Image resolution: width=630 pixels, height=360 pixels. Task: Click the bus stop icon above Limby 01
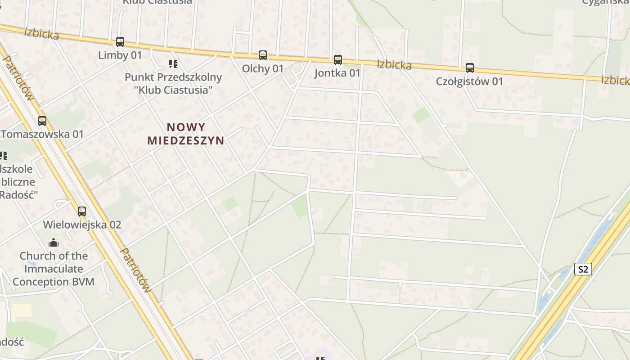pyautogui.click(x=120, y=42)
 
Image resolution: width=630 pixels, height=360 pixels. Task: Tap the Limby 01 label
pyautogui.click(x=120, y=55)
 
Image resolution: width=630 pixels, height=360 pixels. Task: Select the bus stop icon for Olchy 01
pyautogui.click(x=263, y=55)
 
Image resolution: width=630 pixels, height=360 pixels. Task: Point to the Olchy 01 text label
pyautogui.click(x=263, y=69)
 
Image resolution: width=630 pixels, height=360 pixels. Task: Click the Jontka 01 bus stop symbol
pyautogui.click(x=338, y=60)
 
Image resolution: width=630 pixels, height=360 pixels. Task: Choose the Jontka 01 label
pyautogui.click(x=337, y=73)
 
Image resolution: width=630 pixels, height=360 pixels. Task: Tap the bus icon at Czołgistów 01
pyautogui.click(x=470, y=68)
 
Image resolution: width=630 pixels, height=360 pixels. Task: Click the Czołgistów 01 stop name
pyautogui.click(x=469, y=81)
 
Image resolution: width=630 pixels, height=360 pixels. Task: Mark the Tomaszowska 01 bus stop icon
pyautogui.click(x=42, y=121)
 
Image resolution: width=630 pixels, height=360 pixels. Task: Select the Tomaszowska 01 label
pyautogui.click(x=42, y=134)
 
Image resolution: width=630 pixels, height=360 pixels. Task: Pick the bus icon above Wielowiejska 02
pyautogui.click(x=82, y=211)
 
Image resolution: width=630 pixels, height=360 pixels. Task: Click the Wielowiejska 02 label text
pyautogui.click(x=82, y=225)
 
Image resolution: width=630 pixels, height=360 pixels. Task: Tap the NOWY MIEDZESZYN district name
pyautogui.click(x=186, y=134)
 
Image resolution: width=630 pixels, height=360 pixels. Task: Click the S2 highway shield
pyautogui.click(x=583, y=270)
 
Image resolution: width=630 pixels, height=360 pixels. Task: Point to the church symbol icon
pyautogui.click(x=54, y=243)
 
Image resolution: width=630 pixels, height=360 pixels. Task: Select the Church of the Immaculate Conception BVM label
pyautogui.click(x=54, y=269)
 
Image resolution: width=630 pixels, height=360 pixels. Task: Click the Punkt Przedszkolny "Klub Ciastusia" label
pyautogui.click(x=173, y=83)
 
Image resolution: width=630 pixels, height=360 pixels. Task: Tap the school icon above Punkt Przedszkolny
pyautogui.click(x=173, y=64)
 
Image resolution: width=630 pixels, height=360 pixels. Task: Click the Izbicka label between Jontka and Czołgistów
pyautogui.click(x=394, y=65)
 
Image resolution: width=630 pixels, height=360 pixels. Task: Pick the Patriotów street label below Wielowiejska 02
pyautogui.click(x=135, y=270)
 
